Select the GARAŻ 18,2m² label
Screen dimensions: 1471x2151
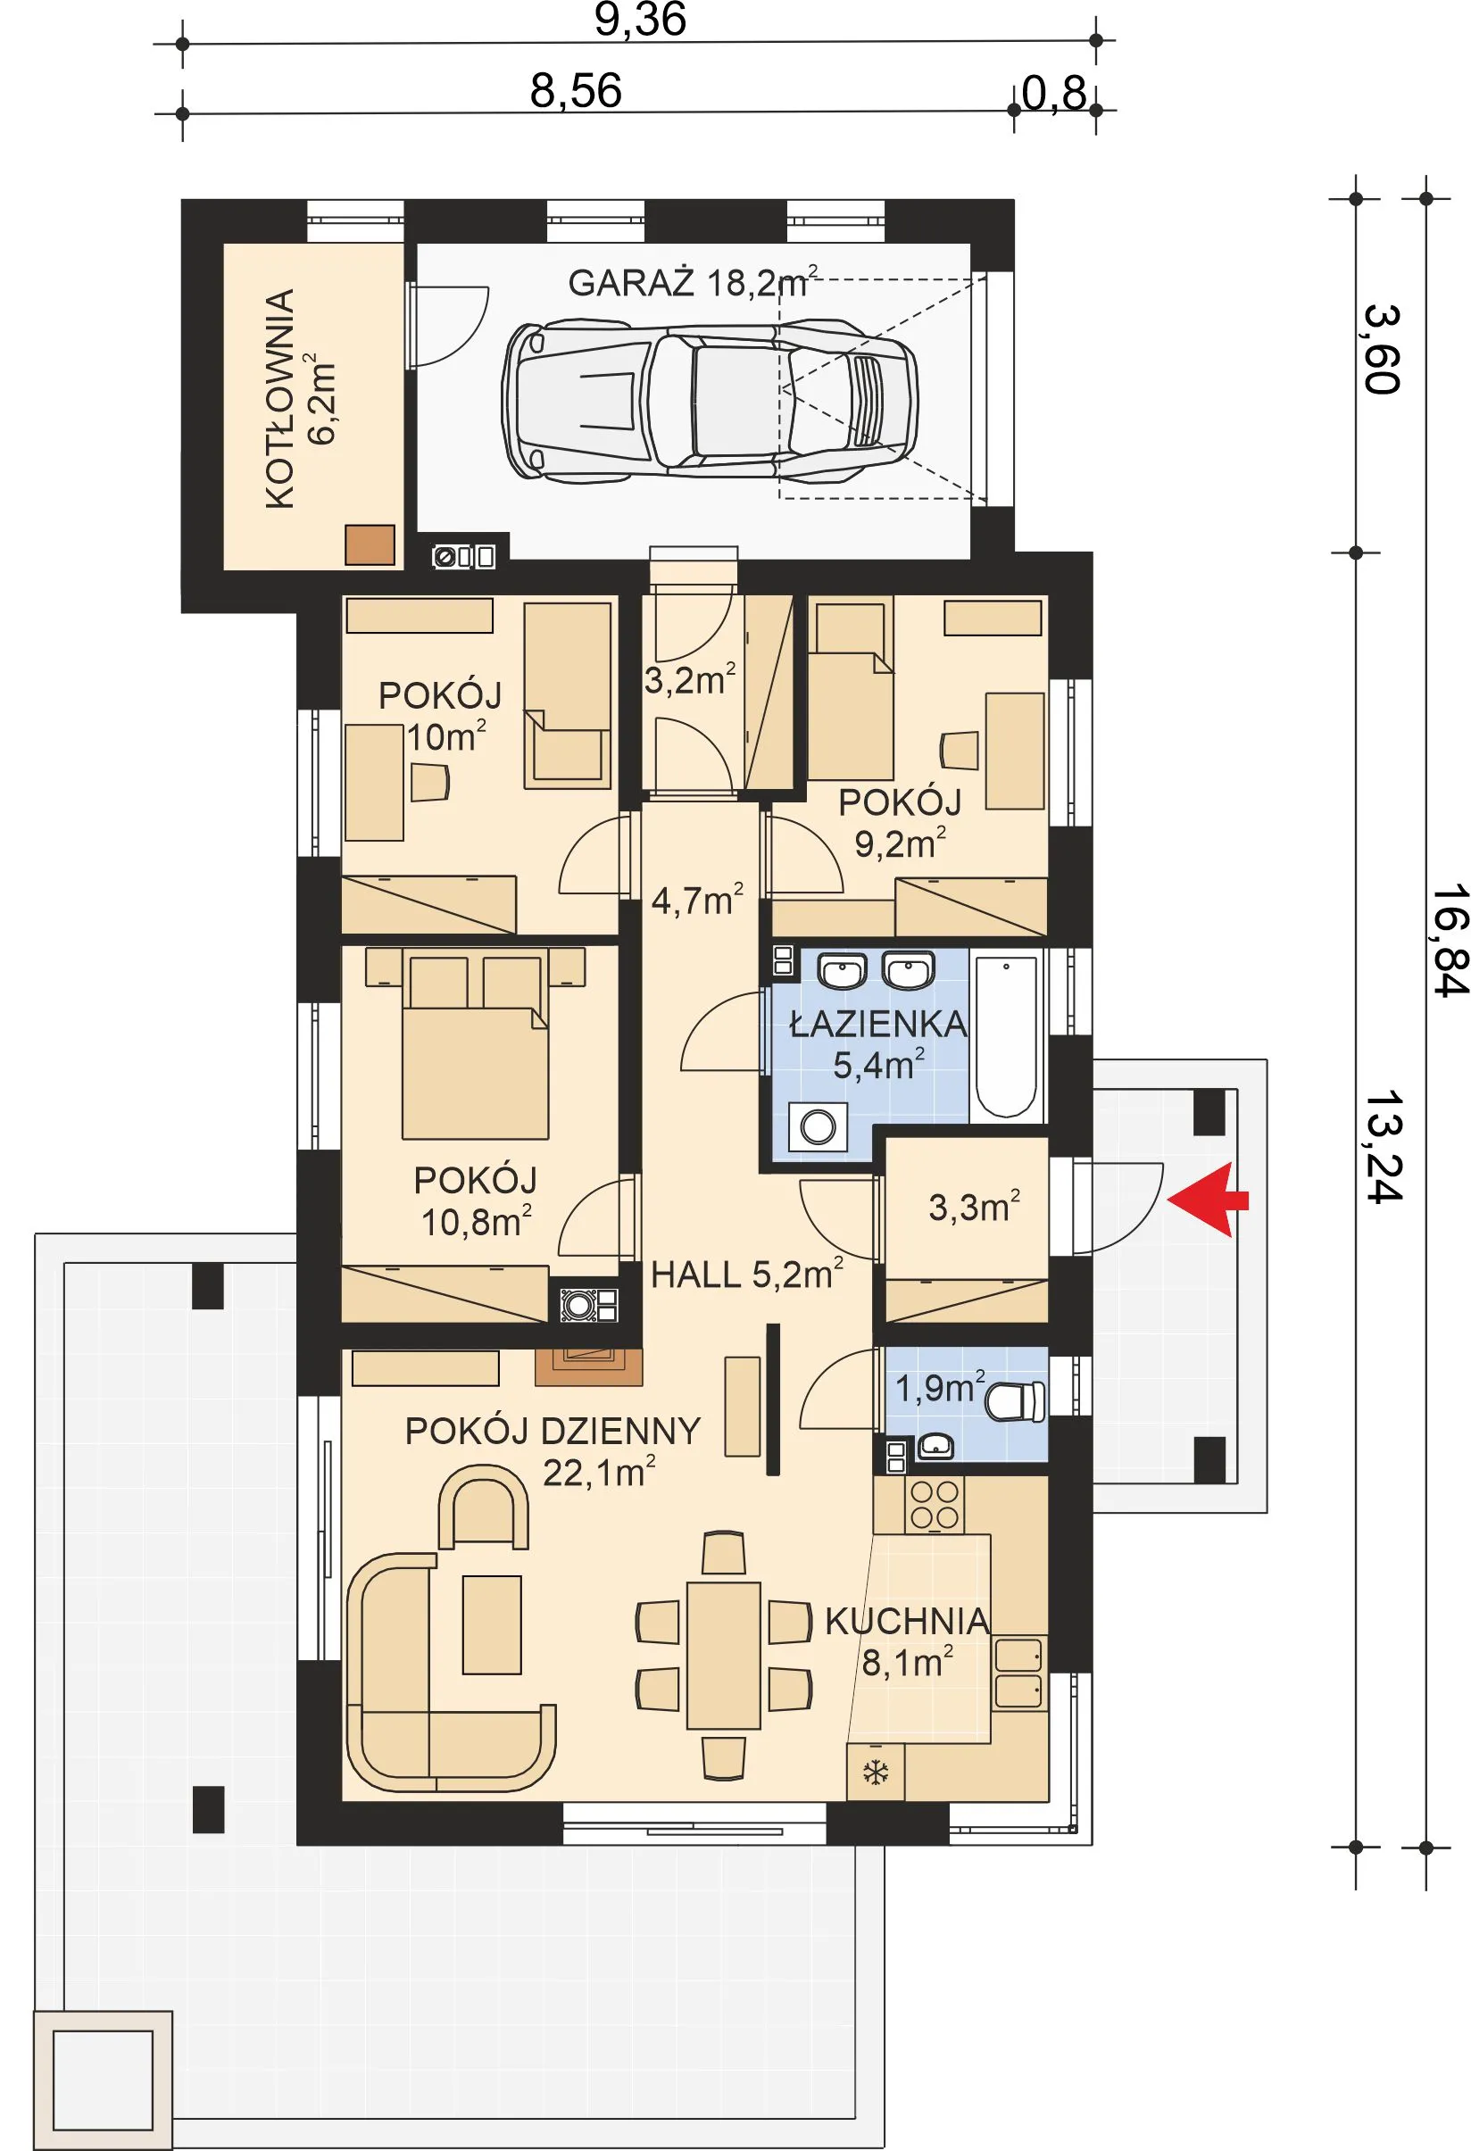pyautogui.click(x=693, y=282)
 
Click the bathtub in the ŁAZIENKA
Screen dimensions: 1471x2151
pyautogui.click(x=1006, y=1035)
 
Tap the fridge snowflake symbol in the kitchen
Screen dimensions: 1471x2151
pyautogui.click(x=875, y=1773)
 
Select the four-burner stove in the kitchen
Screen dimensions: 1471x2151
pyautogui.click(x=934, y=1504)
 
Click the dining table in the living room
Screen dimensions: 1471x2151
pyautogui.click(x=723, y=1655)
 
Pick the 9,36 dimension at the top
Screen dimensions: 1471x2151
pyautogui.click(x=640, y=21)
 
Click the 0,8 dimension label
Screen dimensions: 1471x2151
pyautogui.click(x=1053, y=94)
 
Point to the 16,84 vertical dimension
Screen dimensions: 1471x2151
pyautogui.click(x=1449, y=941)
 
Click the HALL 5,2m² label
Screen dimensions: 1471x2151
pyautogui.click(x=746, y=1274)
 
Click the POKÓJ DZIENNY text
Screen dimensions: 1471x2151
pyautogui.click(x=553, y=1431)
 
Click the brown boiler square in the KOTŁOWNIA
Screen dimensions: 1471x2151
pyautogui.click(x=370, y=544)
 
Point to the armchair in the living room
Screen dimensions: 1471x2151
pyautogui.click(x=482, y=1507)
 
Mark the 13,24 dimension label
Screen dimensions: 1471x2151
pyautogui.click(x=1381, y=1146)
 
